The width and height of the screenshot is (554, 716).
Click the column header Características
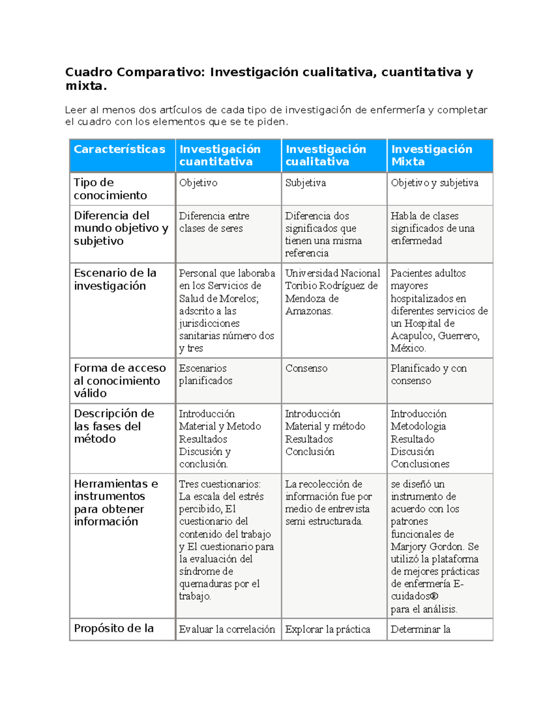pyautogui.click(x=120, y=149)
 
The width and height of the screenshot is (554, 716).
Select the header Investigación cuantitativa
pyautogui.click(x=220, y=155)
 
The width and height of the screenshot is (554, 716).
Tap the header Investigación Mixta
pyautogui.click(x=432, y=155)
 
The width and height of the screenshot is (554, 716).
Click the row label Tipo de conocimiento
pyautogui.click(x=110, y=189)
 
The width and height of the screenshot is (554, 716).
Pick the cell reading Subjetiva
pyautogui.click(x=306, y=183)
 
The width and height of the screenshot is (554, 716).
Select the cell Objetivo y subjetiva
pyautogui.click(x=434, y=183)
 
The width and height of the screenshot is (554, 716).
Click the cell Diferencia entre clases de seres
pyautogui.click(x=214, y=222)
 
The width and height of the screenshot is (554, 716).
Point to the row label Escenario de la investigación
pyautogui.click(x=115, y=279)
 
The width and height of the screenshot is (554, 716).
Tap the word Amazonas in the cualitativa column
pyautogui.click(x=308, y=311)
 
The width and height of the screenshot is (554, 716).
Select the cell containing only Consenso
pyautogui.click(x=307, y=368)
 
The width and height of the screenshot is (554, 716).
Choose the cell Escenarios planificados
pyautogui.click(x=205, y=374)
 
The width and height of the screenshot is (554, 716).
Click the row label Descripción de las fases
pyautogui.click(x=114, y=426)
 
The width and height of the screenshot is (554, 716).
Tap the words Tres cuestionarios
pyautogui.click(x=219, y=484)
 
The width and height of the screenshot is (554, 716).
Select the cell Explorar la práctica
pyautogui.click(x=328, y=629)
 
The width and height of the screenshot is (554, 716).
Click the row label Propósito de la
pyautogui.click(x=114, y=628)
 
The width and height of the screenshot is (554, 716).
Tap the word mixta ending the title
pyautogui.click(x=85, y=86)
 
